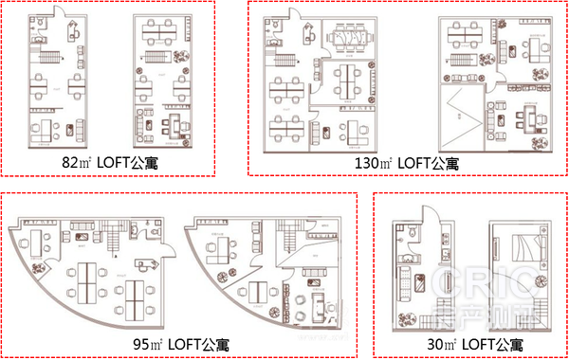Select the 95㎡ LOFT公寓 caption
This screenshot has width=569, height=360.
pyautogui.click(x=179, y=343)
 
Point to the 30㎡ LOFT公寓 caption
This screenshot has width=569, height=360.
pyautogui.click(x=469, y=343)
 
